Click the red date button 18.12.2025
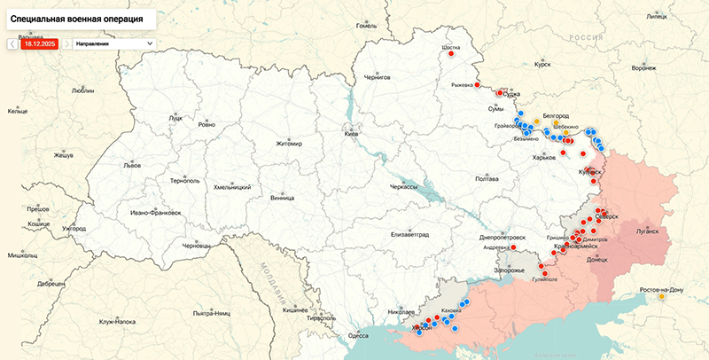pyautogui.click(x=39, y=43)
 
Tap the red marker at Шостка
pyautogui.click(x=452, y=53)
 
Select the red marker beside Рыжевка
pyautogui.click(x=478, y=85)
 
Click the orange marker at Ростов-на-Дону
pyautogui.click(x=662, y=297)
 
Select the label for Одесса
pyautogui.click(x=358, y=335)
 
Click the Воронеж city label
pyautogui.click(x=643, y=68)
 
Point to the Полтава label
pyautogui.click(x=487, y=178)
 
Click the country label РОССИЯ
pyautogui.click(x=585, y=37)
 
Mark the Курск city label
pyautogui.click(x=542, y=65)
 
